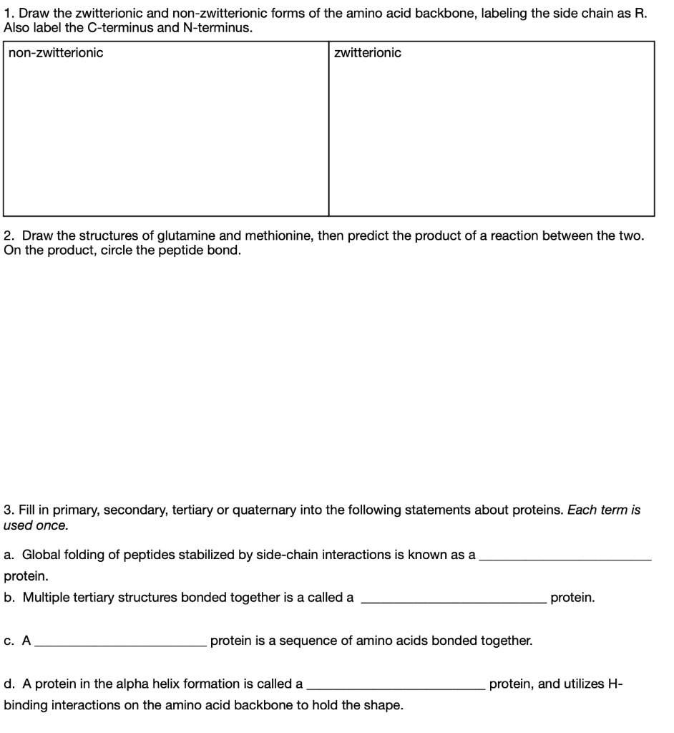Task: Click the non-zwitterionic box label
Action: point(56,53)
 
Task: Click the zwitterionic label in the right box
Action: point(368,53)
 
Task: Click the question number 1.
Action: point(7,13)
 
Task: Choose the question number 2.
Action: point(7,236)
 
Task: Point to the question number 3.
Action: point(7,510)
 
